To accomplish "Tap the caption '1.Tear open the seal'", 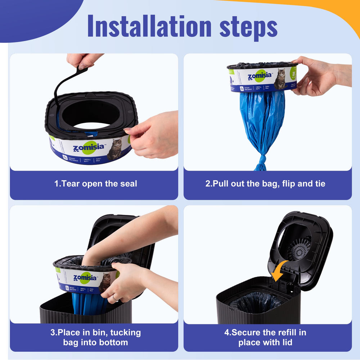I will tap(95, 184).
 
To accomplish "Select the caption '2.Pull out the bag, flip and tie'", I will tap(265, 184).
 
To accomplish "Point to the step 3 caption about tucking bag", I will tap(95, 337).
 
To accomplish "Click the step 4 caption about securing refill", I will tap(265, 337).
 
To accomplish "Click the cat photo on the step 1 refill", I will tap(115, 149).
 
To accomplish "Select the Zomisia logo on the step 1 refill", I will tap(89, 148).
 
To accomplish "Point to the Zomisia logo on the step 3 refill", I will tap(85, 278).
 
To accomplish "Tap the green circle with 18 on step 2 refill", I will tap(293, 73).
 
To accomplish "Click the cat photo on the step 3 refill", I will tap(105, 282).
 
